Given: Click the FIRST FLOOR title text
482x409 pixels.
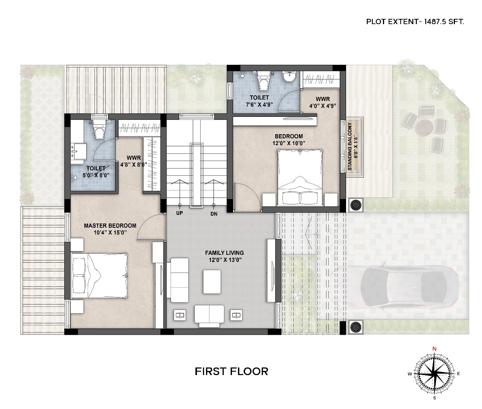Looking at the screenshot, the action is point(231,371).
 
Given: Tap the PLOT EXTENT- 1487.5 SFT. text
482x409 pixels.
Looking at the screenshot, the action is point(415,22).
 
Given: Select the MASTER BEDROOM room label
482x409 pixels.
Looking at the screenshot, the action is point(110,225).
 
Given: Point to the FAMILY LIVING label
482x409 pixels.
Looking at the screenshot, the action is point(224,253).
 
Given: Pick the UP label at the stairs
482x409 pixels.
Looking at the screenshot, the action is point(180,213).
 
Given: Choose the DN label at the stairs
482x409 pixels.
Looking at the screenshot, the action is point(214,214).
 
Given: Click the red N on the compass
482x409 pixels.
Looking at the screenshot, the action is point(435,349).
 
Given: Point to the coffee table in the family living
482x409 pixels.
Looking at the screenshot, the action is point(212,282).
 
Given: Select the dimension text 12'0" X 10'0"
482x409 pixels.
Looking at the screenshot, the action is point(289,143).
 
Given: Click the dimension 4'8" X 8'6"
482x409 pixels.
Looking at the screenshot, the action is point(134,165).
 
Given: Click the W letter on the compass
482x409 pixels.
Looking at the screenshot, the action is point(410,374).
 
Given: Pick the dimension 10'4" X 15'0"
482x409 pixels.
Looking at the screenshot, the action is point(110,233).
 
